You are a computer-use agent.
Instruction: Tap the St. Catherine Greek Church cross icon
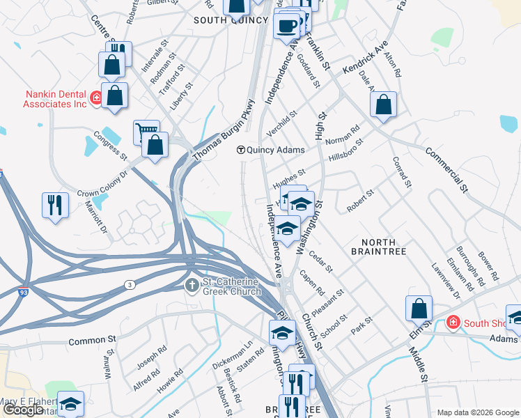(x=192, y=285)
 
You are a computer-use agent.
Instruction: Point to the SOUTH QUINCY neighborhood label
(x=231, y=20)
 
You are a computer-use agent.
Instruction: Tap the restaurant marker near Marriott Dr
(x=55, y=205)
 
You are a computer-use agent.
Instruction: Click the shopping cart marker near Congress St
(x=146, y=131)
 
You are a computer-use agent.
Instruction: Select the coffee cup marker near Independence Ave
(x=286, y=26)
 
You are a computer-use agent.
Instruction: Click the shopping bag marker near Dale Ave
(x=383, y=104)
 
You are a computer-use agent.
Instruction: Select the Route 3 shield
(x=130, y=284)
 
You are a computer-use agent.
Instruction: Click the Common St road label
(x=91, y=341)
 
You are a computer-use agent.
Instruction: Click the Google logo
(x=23, y=410)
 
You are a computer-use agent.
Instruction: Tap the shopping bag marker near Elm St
(x=419, y=308)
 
